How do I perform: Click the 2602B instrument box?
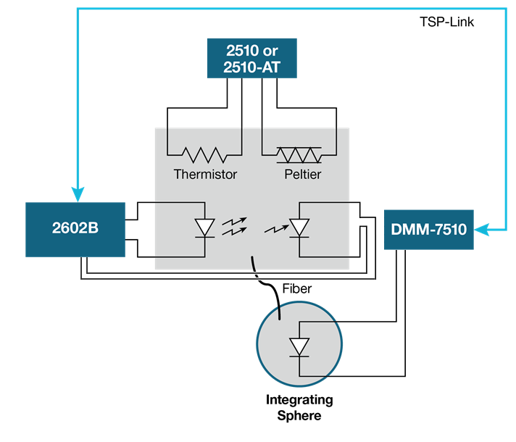click(75, 225)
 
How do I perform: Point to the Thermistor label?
click(205, 175)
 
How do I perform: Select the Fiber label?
click(296, 288)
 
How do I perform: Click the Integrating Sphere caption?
click(299, 408)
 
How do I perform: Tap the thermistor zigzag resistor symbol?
click(204, 154)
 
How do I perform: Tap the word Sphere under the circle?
click(299, 416)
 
